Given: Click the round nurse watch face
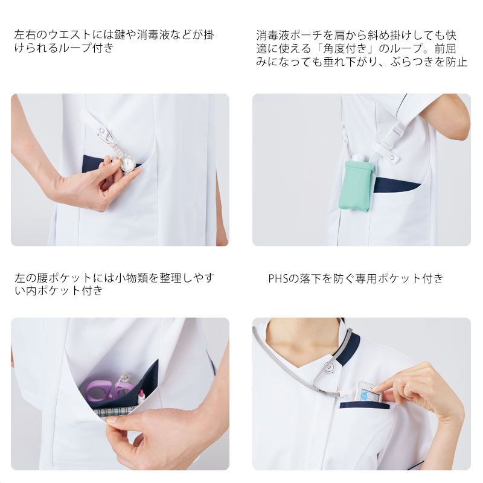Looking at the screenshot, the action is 127,162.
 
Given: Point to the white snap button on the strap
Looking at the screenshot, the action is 392,158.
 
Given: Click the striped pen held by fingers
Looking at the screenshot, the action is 115,412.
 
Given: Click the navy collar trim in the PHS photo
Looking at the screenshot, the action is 348,349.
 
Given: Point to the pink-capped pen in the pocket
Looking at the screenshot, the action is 141,397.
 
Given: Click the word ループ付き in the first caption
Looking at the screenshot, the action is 86,48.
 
